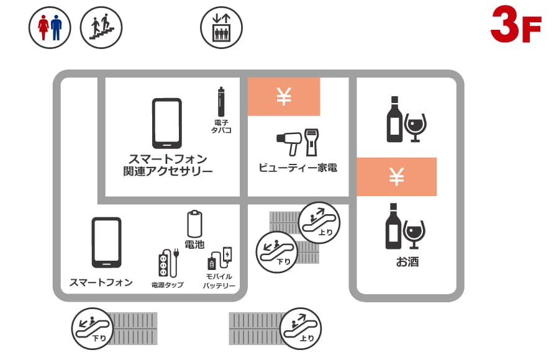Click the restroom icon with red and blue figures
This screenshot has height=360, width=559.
pyautogui.click(x=50, y=27)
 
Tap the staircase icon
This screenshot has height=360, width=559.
pyautogui.click(x=101, y=27)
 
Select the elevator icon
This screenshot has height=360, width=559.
pyautogui.click(x=221, y=27)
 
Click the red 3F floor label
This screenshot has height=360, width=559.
pyautogui.click(x=516, y=24)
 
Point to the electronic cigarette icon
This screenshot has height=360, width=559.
pyautogui.click(x=221, y=102)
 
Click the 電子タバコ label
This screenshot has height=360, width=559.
pyautogui.click(x=221, y=127)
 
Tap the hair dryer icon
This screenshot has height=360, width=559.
pyautogui.click(x=289, y=143)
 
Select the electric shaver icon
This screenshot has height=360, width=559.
pyautogui.click(x=311, y=143)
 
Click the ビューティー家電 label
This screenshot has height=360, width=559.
pyautogui.click(x=298, y=168)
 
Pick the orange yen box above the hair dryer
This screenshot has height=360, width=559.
pyautogui.click(x=284, y=97)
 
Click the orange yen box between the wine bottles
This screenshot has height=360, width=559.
pyautogui.click(x=396, y=177)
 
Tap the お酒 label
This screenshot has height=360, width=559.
pyautogui.click(x=407, y=262)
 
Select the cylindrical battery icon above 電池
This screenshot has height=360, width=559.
pyautogui.click(x=194, y=224)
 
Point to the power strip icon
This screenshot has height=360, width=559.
pyautogui.click(x=168, y=263)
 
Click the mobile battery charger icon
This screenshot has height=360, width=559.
pyautogui.click(x=220, y=258)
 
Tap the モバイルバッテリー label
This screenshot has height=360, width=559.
pyautogui.click(x=219, y=281)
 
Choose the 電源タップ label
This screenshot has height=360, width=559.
pyautogui.click(x=167, y=285)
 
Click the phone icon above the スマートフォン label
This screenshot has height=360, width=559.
pyautogui.click(x=107, y=242)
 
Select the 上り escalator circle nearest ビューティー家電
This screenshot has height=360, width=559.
pyautogui.click(x=319, y=222)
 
